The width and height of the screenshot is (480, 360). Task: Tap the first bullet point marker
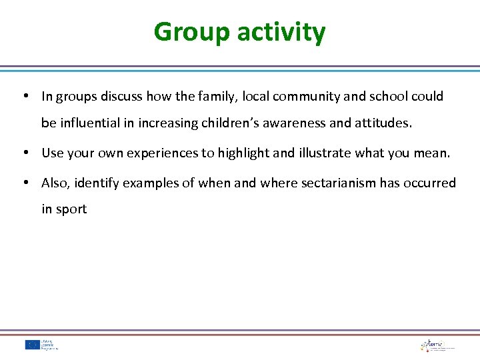(25, 96)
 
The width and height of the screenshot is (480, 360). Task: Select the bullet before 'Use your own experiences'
(25, 153)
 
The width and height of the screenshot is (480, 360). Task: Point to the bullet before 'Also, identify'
(25, 183)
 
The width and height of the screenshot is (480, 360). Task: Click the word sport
(71, 209)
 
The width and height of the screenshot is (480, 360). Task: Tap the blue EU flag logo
(32, 345)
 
